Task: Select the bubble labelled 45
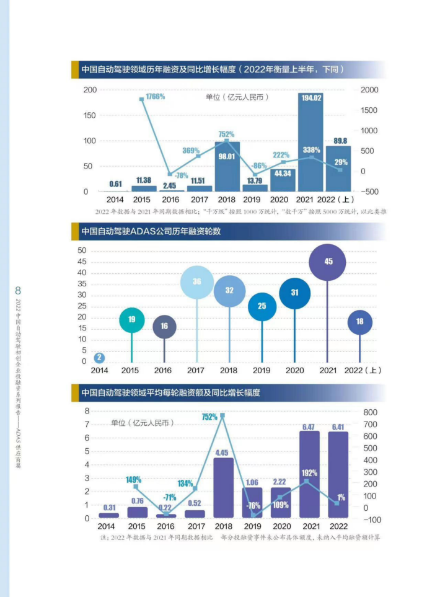(x=328, y=261)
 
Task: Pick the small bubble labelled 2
(x=99, y=357)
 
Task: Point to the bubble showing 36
(x=196, y=281)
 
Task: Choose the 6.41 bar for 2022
(x=338, y=474)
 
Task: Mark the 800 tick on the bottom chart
(x=371, y=412)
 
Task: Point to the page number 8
(x=18, y=290)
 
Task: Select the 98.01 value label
(x=227, y=156)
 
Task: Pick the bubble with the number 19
(x=131, y=320)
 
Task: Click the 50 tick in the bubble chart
(x=82, y=250)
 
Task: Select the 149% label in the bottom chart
(x=133, y=479)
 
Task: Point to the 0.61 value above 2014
(x=115, y=184)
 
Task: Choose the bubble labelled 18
(x=360, y=322)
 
